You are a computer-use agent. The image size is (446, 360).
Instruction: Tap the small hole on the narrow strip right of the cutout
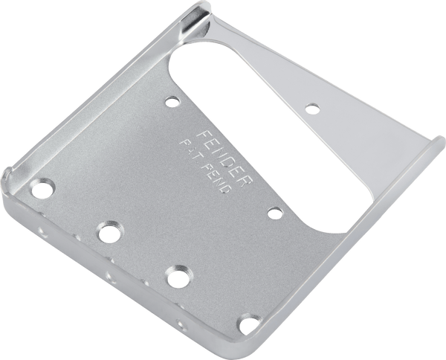pos(311,107)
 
